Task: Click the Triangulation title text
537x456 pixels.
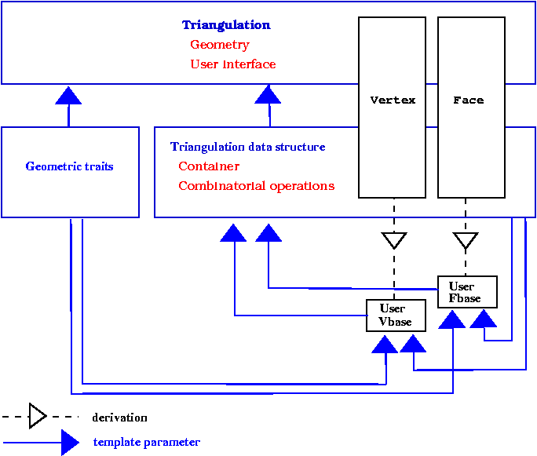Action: click(x=226, y=25)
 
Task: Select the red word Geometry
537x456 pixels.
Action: click(x=219, y=45)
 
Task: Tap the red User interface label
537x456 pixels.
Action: click(x=232, y=64)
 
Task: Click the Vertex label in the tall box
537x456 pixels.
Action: click(x=393, y=100)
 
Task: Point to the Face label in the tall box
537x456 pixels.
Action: click(x=469, y=100)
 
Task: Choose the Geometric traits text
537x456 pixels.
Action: click(x=69, y=166)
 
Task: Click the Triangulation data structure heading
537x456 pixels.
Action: click(x=247, y=147)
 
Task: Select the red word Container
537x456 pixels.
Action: click(x=209, y=166)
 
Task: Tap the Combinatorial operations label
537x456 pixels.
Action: click(x=256, y=186)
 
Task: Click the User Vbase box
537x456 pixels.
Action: click(x=396, y=316)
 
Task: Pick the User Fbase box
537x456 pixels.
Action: click(x=467, y=292)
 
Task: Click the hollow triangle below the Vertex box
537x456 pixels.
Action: click(x=394, y=240)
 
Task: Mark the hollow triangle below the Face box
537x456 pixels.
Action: click(x=466, y=240)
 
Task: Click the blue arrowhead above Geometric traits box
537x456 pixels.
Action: click(x=69, y=95)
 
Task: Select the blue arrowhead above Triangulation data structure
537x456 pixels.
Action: click(x=268, y=95)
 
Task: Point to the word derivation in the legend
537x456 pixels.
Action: click(x=119, y=418)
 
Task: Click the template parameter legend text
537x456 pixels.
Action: click(x=146, y=442)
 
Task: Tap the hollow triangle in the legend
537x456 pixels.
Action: click(x=38, y=416)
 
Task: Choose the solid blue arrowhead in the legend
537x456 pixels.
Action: click(x=70, y=443)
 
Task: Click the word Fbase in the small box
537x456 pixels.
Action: click(x=465, y=298)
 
